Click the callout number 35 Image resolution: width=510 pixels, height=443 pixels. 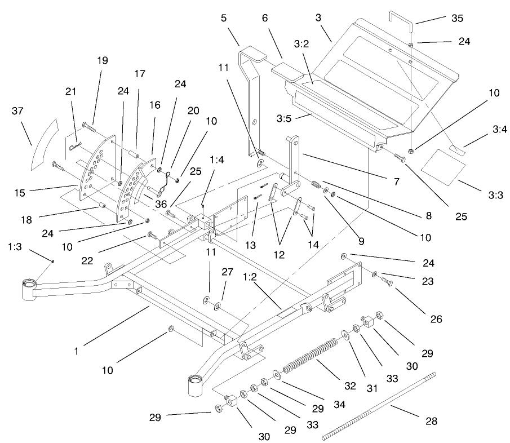point(457,19)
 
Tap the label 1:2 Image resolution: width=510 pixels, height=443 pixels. point(251,278)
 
